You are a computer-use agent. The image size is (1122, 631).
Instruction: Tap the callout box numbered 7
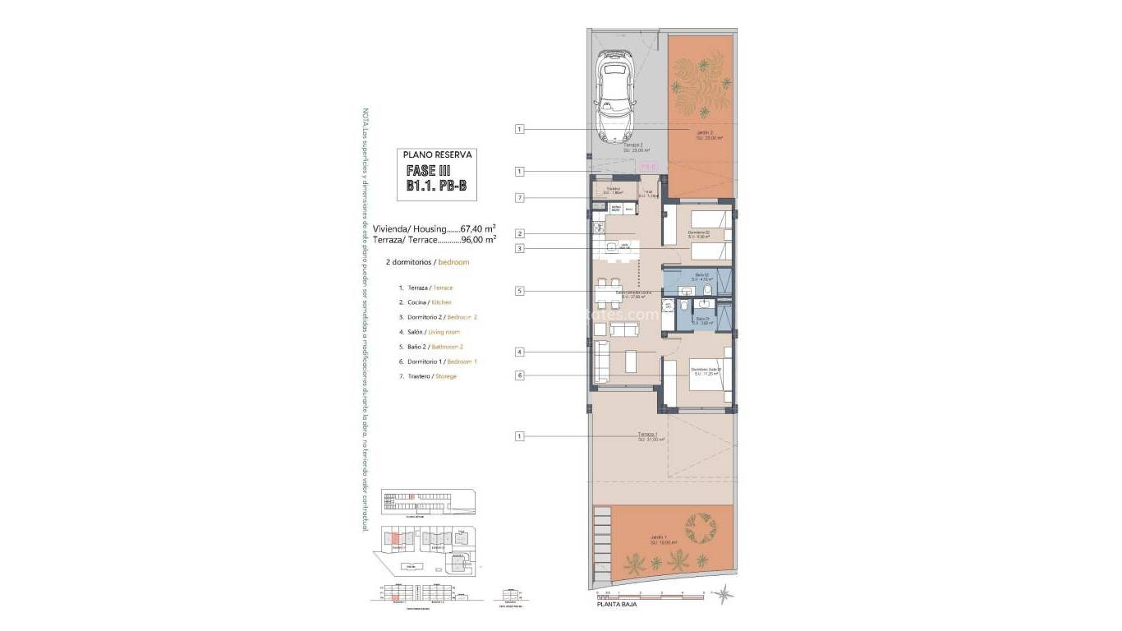click(x=519, y=197)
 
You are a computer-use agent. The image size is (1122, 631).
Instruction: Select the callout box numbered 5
click(x=519, y=290)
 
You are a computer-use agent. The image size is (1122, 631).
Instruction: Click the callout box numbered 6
click(x=519, y=375)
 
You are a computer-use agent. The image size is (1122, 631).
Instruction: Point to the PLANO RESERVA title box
click(x=437, y=154)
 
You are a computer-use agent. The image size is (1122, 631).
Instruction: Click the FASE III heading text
click(x=428, y=170)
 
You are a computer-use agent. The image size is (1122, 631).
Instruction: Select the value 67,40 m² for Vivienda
click(x=478, y=228)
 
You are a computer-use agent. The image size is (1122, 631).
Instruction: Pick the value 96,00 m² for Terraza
click(x=479, y=240)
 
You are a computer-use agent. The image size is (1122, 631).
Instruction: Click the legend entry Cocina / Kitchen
click(x=425, y=302)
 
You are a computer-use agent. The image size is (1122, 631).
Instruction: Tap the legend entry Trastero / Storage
click(x=426, y=376)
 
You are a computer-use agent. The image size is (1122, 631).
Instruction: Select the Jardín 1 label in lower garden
click(x=663, y=540)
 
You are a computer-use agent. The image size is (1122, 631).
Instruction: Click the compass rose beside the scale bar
click(x=723, y=593)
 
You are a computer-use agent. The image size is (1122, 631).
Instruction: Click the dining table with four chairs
click(x=609, y=293)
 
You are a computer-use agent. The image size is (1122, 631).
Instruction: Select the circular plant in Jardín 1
click(x=701, y=528)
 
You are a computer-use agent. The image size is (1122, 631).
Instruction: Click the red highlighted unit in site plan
click(x=396, y=538)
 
